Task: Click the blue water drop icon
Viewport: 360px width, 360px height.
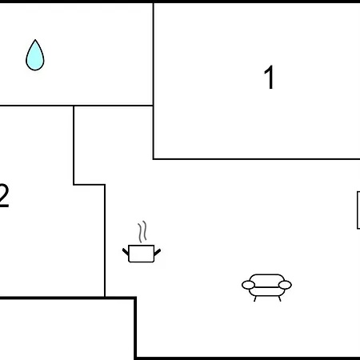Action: click(35, 55)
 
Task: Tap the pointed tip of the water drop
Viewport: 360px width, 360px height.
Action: click(35, 40)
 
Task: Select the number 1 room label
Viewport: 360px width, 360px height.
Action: click(270, 78)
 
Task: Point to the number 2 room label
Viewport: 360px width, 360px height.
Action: click(4, 195)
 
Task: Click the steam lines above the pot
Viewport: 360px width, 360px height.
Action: click(142, 231)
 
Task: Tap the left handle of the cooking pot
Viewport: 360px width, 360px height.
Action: click(126, 251)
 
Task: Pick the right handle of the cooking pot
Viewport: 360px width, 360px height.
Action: click(158, 252)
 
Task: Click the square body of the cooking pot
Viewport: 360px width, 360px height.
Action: click(142, 254)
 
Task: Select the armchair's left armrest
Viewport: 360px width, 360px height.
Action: click(248, 285)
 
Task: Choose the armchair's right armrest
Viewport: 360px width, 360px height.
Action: click(285, 285)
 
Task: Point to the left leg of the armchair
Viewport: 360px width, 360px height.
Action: click(255, 299)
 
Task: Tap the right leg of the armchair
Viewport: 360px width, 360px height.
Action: click(280, 299)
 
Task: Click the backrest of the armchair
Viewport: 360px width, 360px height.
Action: click(266, 278)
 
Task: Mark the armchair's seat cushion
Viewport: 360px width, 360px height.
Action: click(266, 291)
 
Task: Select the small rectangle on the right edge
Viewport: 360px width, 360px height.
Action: click(358, 210)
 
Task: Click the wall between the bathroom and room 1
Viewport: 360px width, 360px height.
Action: click(154, 54)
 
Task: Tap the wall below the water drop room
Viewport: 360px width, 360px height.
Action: click(76, 106)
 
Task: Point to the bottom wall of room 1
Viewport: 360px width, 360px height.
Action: click(257, 159)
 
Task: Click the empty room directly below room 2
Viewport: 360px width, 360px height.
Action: click(66, 330)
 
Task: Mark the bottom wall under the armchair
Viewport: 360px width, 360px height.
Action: click(248, 358)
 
